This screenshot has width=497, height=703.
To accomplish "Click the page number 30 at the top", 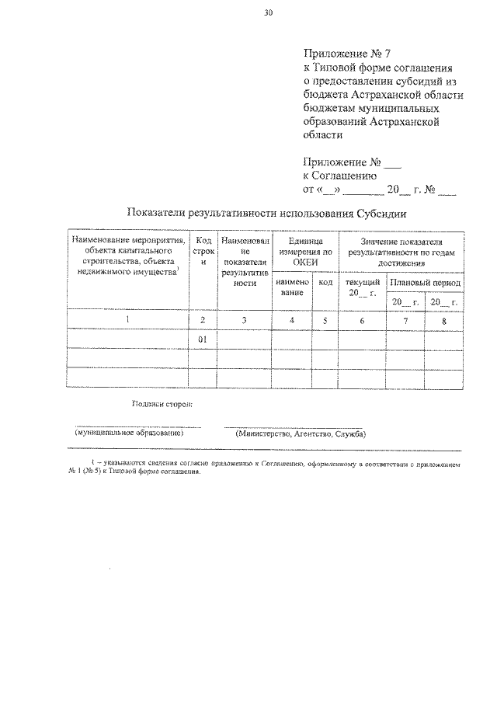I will (x=268, y=13).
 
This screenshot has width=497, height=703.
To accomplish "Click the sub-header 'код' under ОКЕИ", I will (x=325, y=282).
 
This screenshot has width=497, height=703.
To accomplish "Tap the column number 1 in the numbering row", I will (x=127, y=319).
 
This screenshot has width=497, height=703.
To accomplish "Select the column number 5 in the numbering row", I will (x=325, y=319).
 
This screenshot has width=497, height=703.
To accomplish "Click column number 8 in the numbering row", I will (x=444, y=319).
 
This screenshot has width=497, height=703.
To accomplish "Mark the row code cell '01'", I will (x=203, y=339).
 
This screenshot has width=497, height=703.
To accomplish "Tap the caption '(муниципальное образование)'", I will (x=129, y=433).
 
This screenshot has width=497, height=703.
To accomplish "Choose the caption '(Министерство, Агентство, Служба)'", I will (x=301, y=433).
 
